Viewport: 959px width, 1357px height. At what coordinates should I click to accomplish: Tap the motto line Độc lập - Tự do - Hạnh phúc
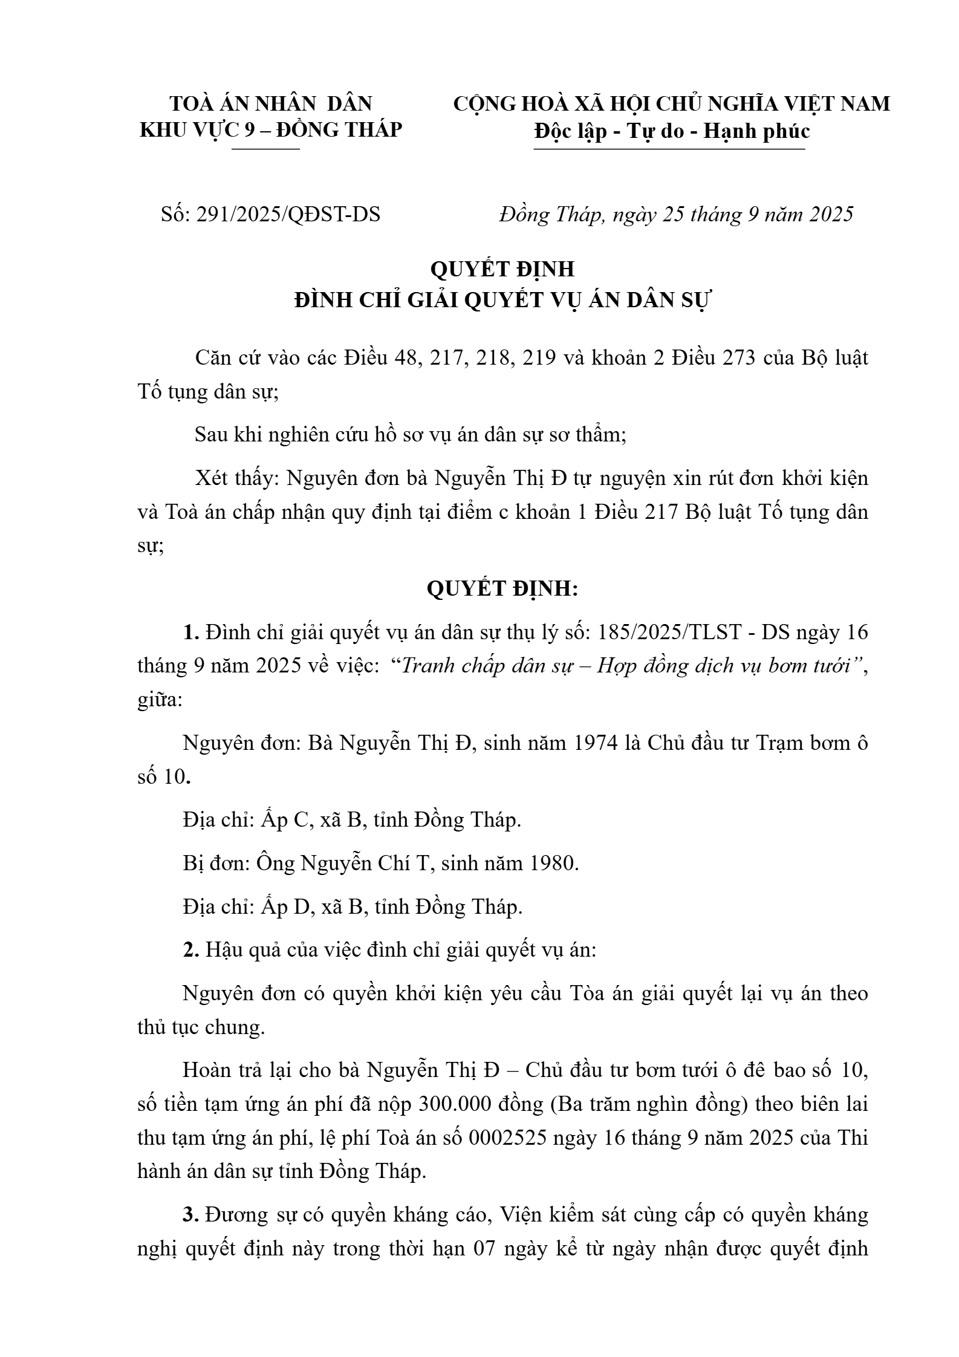(x=672, y=131)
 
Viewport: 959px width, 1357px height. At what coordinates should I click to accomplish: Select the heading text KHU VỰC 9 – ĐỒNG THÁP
(x=271, y=129)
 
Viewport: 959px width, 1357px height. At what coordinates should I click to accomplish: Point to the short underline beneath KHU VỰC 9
(x=265, y=149)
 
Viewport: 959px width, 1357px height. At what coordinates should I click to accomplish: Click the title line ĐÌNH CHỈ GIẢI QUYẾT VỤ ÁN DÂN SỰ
(x=504, y=300)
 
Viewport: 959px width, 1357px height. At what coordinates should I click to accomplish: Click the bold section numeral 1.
(x=191, y=632)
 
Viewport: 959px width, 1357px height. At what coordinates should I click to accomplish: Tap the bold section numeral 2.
(x=191, y=950)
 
